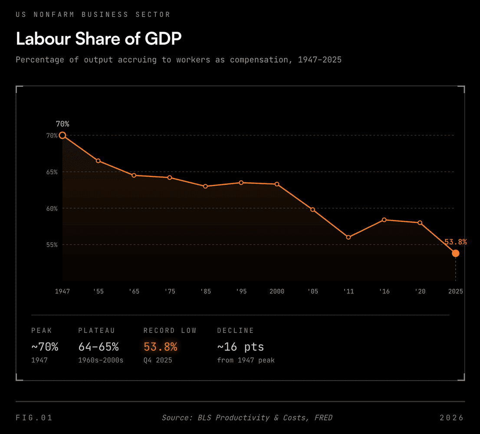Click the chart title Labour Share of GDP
click(99, 39)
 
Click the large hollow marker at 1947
click(62, 135)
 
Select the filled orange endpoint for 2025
click(455, 253)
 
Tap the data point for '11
click(348, 237)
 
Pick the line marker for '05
click(312, 210)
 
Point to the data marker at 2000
click(277, 184)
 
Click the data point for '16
click(384, 220)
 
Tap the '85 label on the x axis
click(205, 291)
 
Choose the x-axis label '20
click(420, 291)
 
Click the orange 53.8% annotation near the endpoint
click(455, 242)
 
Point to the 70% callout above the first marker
click(62, 124)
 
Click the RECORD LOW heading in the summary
click(170, 331)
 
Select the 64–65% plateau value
click(99, 347)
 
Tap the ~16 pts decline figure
click(240, 347)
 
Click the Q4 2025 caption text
click(158, 360)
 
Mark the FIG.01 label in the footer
click(34, 418)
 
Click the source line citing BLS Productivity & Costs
click(247, 418)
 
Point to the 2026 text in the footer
click(452, 418)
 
